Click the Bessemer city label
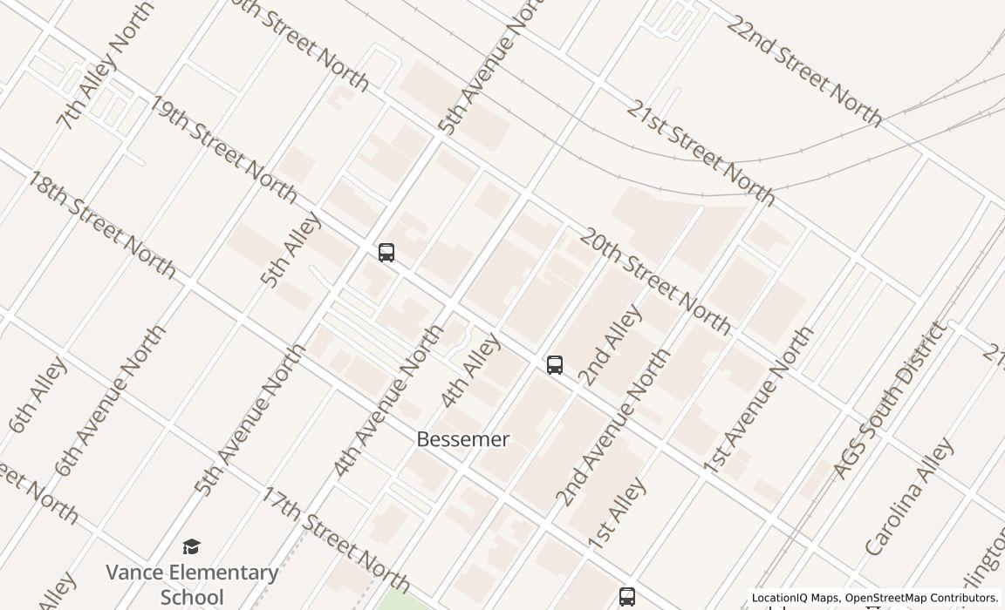click(462, 439)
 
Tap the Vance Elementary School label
click(192, 584)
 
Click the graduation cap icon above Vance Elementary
click(191, 546)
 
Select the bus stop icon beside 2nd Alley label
click(555, 365)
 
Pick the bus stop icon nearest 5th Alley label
click(386, 253)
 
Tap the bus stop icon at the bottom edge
click(627, 597)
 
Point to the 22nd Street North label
click(803, 71)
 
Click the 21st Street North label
click(700, 152)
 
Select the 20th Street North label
click(654, 281)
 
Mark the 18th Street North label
click(101, 224)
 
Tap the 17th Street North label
click(336, 539)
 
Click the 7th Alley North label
click(104, 64)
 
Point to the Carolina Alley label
click(909, 497)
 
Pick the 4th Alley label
click(470, 369)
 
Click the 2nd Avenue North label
click(612, 427)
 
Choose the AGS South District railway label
click(889, 400)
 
